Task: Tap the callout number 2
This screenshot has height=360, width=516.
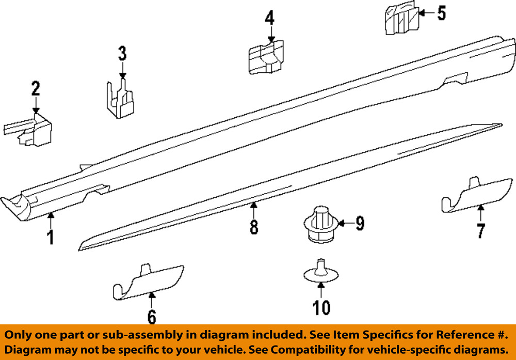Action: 35,88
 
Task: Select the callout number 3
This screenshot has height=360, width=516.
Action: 122,53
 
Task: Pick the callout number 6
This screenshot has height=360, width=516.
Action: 151,316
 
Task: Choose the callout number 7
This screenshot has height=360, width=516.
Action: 481,231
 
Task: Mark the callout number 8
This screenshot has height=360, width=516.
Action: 254,226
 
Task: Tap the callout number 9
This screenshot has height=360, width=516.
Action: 359,223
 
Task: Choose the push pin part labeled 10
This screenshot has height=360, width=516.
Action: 320,272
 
